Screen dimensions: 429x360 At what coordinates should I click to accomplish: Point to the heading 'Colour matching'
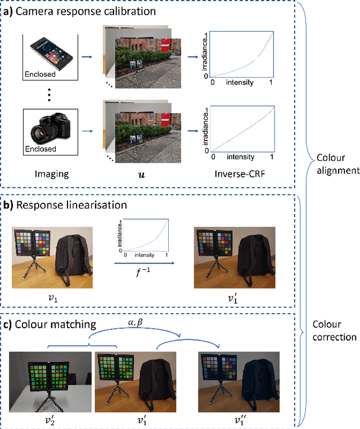pos(57,324)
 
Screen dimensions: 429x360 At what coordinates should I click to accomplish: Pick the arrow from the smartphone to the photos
pos(87,56)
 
